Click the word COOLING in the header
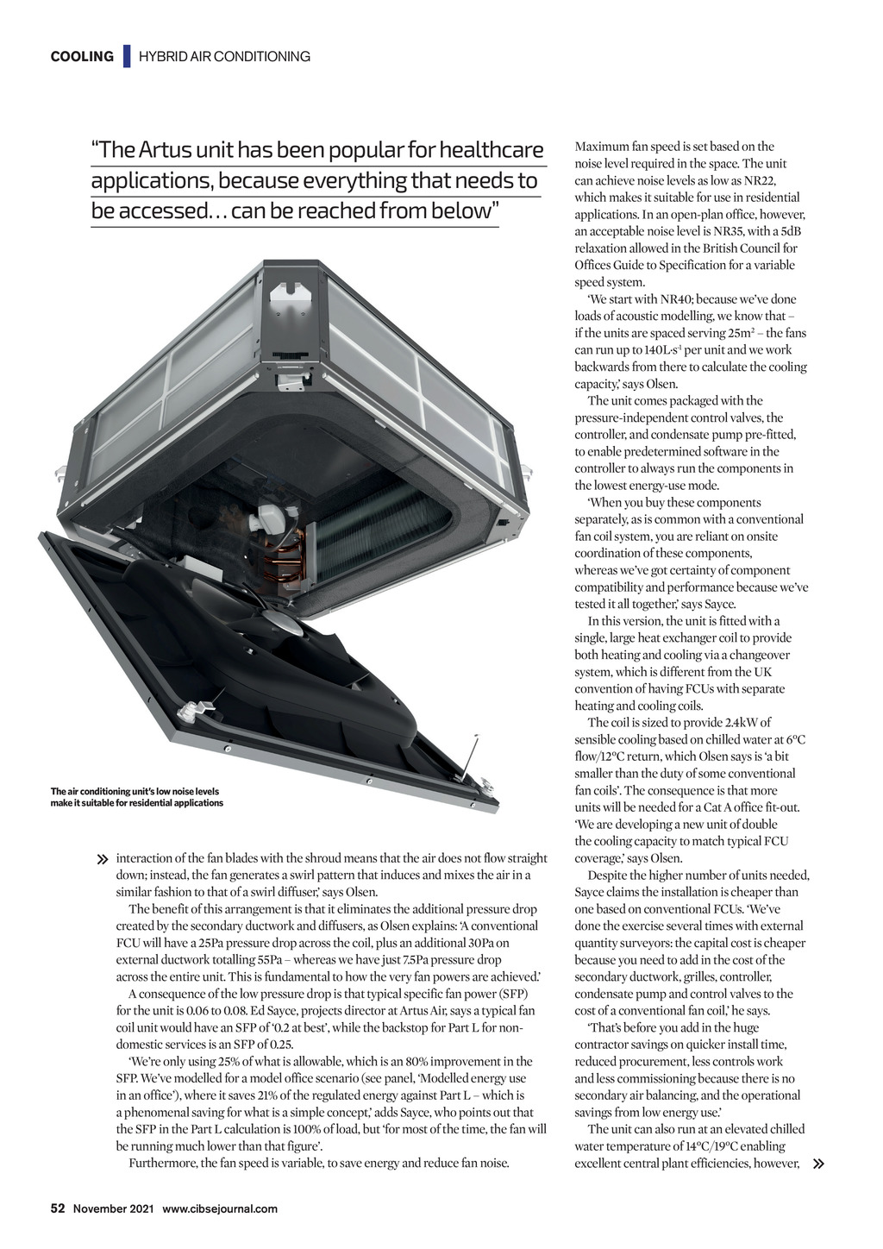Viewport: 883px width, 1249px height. (x=82, y=57)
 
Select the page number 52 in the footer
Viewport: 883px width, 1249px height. (x=58, y=1208)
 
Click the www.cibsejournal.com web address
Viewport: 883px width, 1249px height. (x=220, y=1208)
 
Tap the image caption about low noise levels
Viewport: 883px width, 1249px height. (x=136, y=797)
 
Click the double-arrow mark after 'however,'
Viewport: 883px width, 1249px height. (x=818, y=1164)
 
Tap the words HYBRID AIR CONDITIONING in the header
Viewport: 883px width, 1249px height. (x=224, y=57)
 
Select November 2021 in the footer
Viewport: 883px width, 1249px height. (x=113, y=1208)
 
